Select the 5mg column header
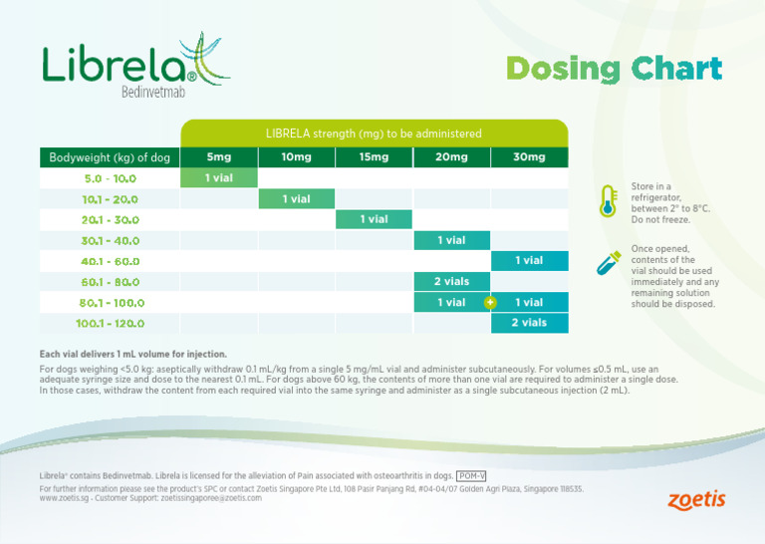(218, 157)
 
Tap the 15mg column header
(374, 157)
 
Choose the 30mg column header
(529, 157)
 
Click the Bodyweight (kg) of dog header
(110, 157)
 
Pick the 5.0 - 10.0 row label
(110, 179)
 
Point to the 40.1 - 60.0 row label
(110, 261)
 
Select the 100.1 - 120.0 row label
(110, 323)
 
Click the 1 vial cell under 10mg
(296, 199)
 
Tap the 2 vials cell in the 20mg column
(451, 282)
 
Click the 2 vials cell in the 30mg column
(529, 323)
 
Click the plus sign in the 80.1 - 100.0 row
(490, 302)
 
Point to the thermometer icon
(607, 201)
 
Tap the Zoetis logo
(696, 499)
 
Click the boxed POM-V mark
(470, 476)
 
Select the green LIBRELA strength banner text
(374, 134)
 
